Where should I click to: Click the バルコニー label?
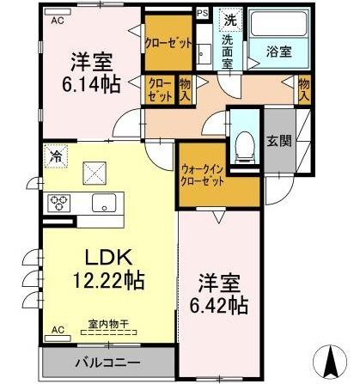click(x=111, y=362)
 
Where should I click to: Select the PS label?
click(x=203, y=13)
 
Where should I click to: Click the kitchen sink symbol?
click(x=106, y=204)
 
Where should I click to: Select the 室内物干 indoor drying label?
click(x=108, y=324)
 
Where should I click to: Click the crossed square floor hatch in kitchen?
click(x=94, y=172)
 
